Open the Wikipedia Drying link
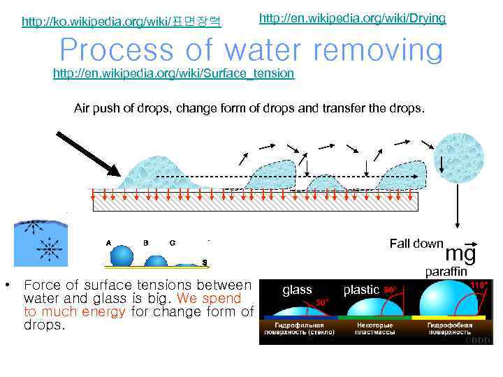(352, 17)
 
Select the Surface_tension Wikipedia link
(174, 73)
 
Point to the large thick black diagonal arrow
(87, 151)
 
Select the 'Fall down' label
(416, 244)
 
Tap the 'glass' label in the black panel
(297, 290)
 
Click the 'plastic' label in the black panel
(361, 290)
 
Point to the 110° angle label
(479, 285)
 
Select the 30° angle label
(322, 302)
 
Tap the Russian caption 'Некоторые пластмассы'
(376, 329)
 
